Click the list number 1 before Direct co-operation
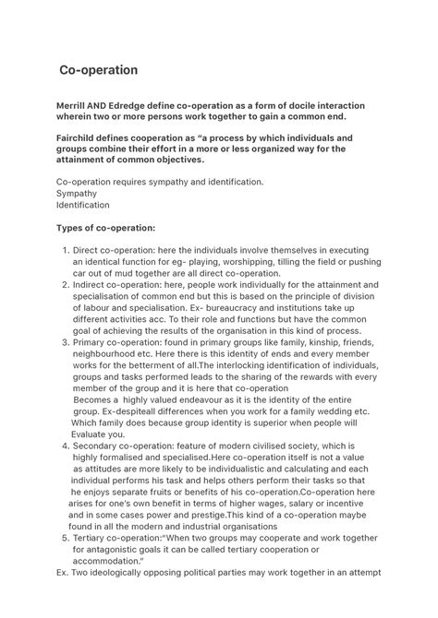(65, 251)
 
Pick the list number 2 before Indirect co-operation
(65, 285)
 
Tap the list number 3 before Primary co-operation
(65, 341)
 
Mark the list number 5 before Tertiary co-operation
(65, 536)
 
